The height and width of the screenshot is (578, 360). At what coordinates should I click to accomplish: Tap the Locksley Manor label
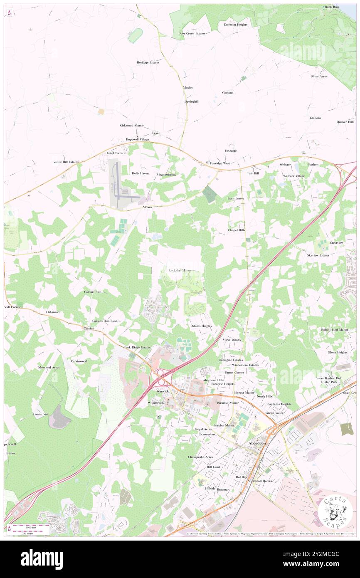pos(180,270)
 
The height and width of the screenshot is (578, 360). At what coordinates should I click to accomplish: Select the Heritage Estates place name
pos(148,62)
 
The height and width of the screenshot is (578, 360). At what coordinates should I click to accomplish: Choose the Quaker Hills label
pos(345,122)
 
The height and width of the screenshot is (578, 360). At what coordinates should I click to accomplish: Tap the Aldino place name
pos(147,207)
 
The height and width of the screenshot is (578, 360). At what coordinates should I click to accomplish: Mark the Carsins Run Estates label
pos(106,321)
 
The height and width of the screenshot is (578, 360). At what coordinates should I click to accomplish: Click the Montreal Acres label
pos(49,368)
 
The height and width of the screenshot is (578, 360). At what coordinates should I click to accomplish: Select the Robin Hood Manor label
pos(334,330)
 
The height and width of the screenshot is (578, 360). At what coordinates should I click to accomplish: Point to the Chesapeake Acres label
pos(200,457)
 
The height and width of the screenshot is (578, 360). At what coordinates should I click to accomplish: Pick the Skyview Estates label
pos(318,255)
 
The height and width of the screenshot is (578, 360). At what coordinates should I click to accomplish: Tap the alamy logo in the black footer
pos(42,559)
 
